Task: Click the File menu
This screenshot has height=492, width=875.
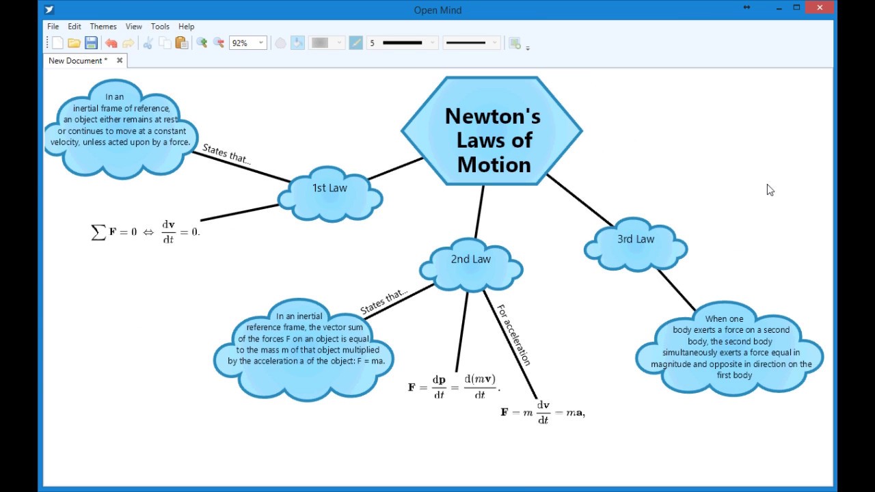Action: click(x=53, y=27)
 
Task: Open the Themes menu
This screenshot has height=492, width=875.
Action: click(x=103, y=27)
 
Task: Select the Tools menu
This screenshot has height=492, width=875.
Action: click(x=160, y=27)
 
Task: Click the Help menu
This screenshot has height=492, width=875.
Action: click(x=187, y=27)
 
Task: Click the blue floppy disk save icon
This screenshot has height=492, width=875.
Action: click(x=91, y=43)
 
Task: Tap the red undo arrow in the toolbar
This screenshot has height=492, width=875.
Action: click(x=111, y=43)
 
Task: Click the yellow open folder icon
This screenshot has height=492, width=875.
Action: click(x=74, y=43)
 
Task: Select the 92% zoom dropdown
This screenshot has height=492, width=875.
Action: click(x=248, y=43)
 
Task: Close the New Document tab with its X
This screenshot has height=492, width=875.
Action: click(x=120, y=61)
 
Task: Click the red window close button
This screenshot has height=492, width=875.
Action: click(x=820, y=8)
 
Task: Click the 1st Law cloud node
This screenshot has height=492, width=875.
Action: click(x=330, y=193)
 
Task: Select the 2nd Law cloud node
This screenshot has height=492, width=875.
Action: click(x=471, y=264)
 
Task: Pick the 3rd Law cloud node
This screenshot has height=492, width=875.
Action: click(x=636, y=245)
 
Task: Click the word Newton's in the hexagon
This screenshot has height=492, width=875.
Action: click(x=493, y=116)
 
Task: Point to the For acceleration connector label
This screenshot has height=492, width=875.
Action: click(x=513, y=335)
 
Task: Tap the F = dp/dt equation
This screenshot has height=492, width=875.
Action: click(x=454, y=386)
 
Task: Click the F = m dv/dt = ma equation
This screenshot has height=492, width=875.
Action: click(x=543, y=412)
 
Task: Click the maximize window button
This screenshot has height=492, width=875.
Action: click(x=796, y=8)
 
